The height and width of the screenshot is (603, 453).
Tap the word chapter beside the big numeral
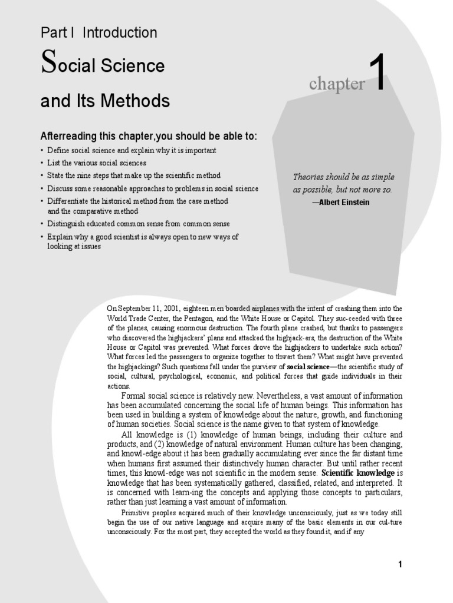click(336, 84)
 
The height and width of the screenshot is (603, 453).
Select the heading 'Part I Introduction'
click(99, 33)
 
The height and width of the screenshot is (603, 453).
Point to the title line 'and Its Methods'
click(105, 101)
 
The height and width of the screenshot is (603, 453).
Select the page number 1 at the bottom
click(400, 565)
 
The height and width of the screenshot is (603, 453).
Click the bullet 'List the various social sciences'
click(97, 163)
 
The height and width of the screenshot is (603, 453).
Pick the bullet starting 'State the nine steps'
click(134, 175)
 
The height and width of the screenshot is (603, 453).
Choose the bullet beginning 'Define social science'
click(132, 150)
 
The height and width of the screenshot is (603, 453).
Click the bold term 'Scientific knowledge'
click(359, 473)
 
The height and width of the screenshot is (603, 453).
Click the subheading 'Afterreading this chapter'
click(149, 137)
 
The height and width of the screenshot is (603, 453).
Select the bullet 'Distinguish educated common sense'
click(139, 224)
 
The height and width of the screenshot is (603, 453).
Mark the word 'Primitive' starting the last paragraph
click(135, 513)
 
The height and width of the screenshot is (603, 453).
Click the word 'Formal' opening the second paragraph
click(134, 396)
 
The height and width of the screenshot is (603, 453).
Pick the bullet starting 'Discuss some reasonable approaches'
click(153, 188)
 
